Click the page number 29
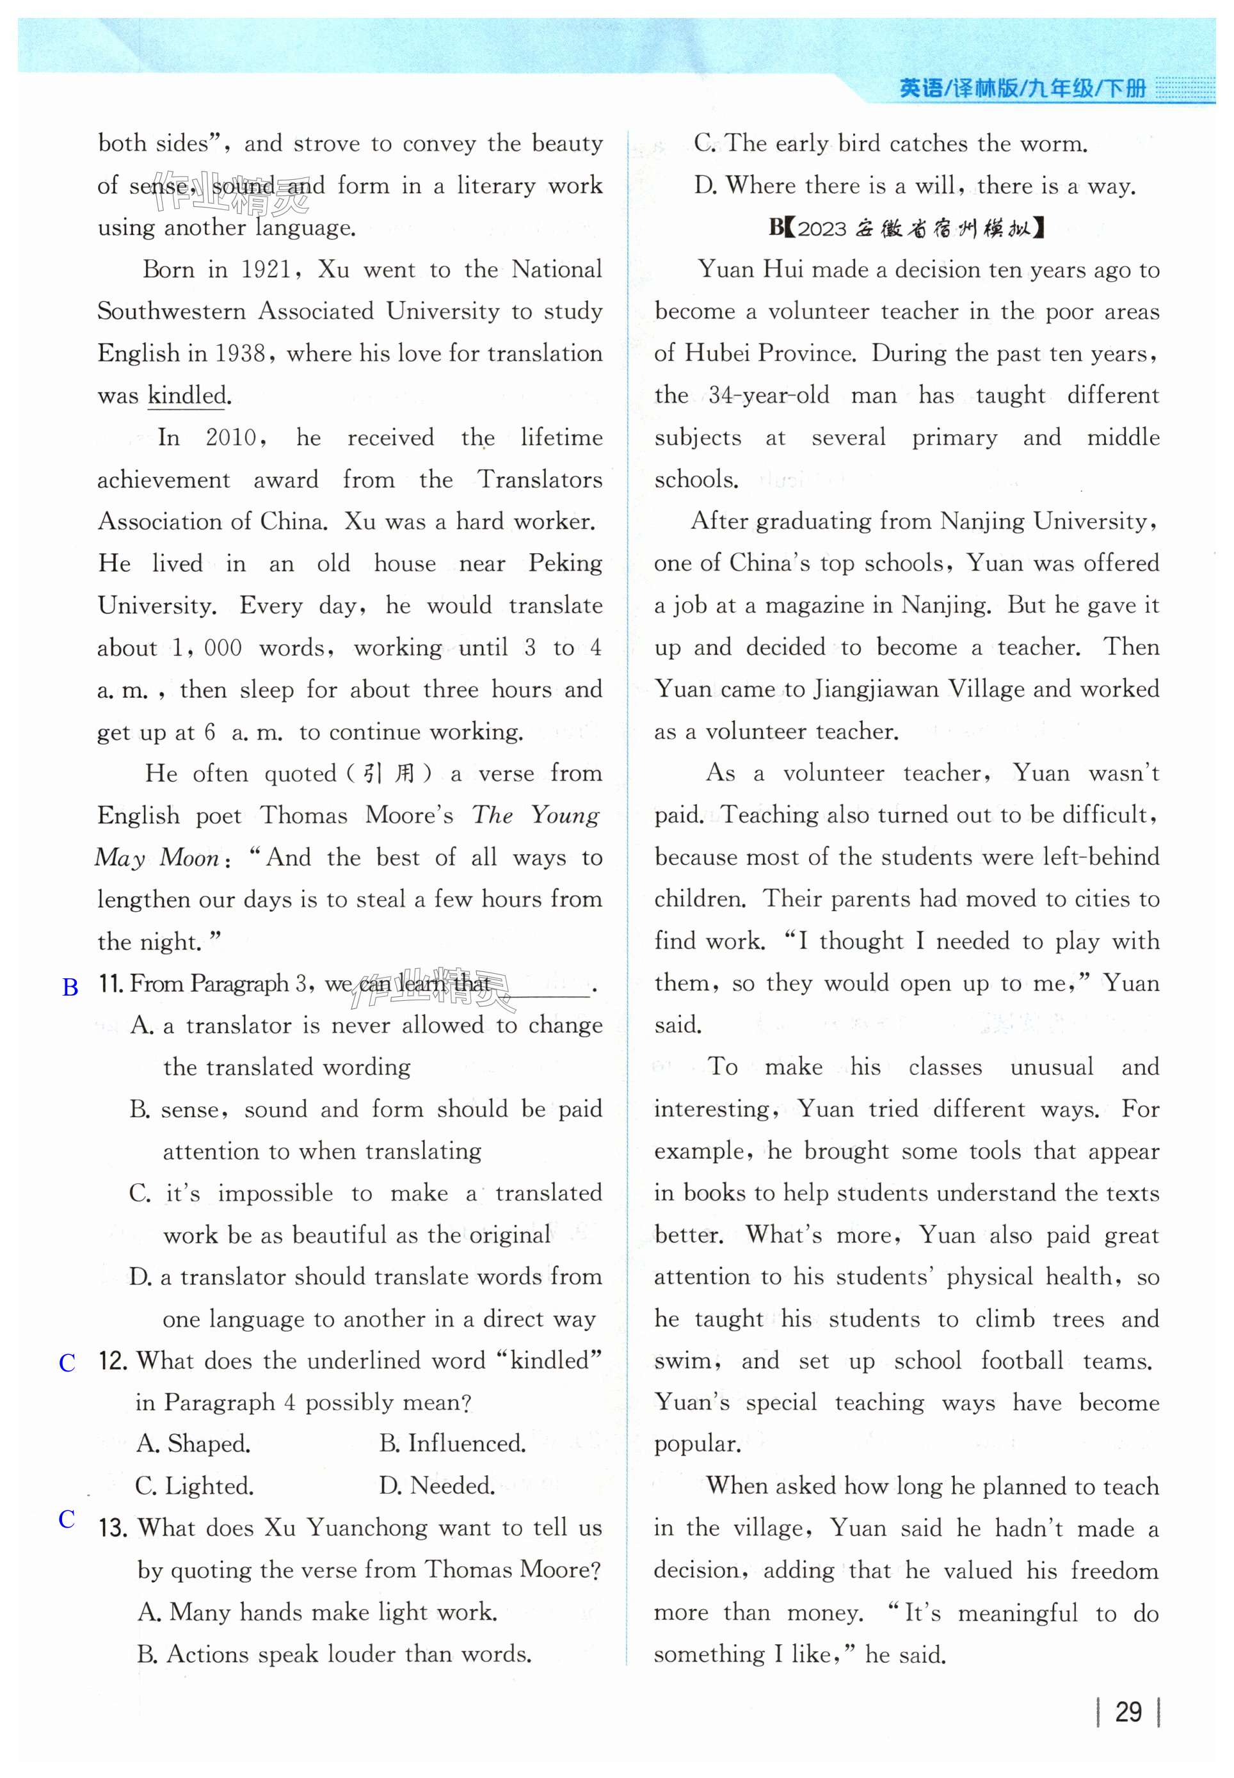point(1128,1711)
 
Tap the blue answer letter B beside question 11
point(70,987)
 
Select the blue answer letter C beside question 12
point(68,1362)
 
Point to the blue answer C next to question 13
point(67,1518)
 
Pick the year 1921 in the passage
point(268,270)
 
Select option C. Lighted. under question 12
point(194,1485)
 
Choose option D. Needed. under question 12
point(437,1485)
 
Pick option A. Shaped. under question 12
point(193,1444)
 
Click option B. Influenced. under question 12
point(453,1444)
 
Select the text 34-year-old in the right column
point(769,396)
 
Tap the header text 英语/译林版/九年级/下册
point(1022,89)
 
